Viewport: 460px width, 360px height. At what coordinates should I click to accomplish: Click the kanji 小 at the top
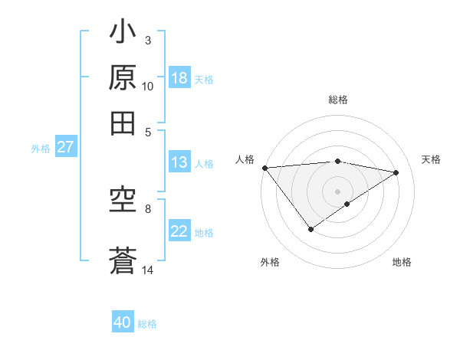[123, 35]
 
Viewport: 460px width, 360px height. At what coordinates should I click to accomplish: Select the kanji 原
[123, 79]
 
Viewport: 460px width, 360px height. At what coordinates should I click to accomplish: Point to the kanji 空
[123, 201]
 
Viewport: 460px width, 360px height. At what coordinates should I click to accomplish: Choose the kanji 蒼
[123, 260]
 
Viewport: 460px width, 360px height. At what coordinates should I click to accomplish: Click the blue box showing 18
[179, 78]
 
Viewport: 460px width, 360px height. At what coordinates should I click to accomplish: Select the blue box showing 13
[179, 162]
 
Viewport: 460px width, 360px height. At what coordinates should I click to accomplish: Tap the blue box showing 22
[179, 232]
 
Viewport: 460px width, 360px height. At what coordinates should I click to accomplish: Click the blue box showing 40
[123, 323]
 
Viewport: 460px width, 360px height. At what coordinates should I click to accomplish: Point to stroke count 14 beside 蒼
[148, 270]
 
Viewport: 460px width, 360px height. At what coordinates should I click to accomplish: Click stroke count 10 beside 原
[148, 87]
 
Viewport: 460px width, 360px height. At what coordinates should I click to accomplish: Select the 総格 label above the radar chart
[338, 100]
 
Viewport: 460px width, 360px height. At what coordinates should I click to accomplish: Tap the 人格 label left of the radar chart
[245, 159]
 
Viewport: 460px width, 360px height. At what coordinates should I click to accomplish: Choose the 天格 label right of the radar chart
[431, 159]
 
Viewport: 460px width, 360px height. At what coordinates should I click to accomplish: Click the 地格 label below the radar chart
[402, 262]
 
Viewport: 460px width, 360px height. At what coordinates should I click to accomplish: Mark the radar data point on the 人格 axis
[264, 167]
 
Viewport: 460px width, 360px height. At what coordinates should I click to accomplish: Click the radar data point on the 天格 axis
[396, 172]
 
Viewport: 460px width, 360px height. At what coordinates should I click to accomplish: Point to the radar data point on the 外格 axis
[310, 229]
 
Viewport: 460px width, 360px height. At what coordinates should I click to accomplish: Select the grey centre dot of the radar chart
[338, 191]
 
